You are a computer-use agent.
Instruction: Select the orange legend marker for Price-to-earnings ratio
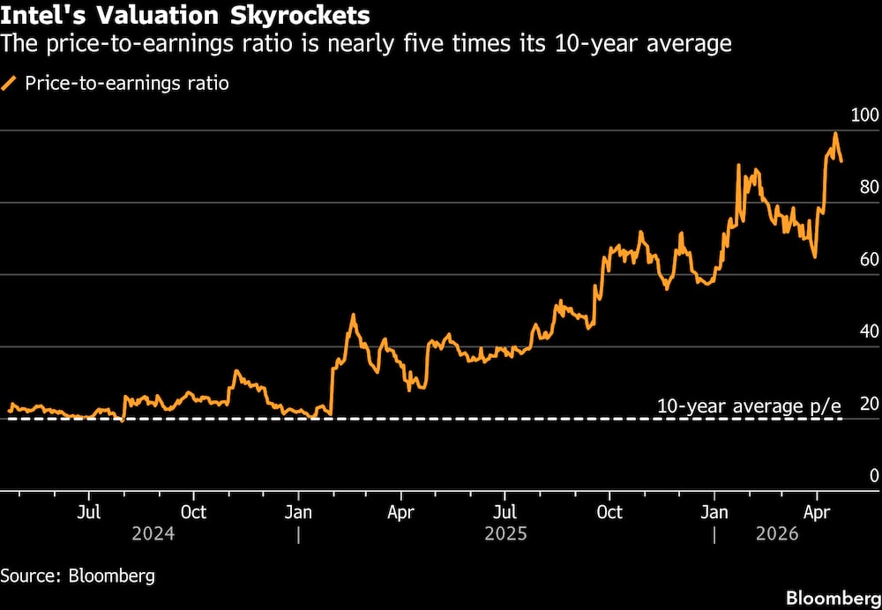10,84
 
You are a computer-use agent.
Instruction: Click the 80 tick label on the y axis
868,188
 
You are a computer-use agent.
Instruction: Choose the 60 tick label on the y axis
868,260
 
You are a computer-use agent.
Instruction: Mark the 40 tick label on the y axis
868,332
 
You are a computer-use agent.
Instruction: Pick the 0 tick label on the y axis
872,476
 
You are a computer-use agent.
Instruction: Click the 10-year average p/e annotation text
749,406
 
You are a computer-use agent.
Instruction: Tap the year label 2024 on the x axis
153,534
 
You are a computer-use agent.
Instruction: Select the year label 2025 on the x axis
505,534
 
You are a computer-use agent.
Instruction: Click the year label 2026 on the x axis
776,534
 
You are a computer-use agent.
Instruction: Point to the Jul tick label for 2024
88,512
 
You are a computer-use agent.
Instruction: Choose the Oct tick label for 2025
609,512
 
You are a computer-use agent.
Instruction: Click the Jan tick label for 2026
715,512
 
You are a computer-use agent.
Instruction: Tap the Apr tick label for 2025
401,512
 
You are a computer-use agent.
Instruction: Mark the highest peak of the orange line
835,134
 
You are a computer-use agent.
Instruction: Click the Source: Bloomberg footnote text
78,576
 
